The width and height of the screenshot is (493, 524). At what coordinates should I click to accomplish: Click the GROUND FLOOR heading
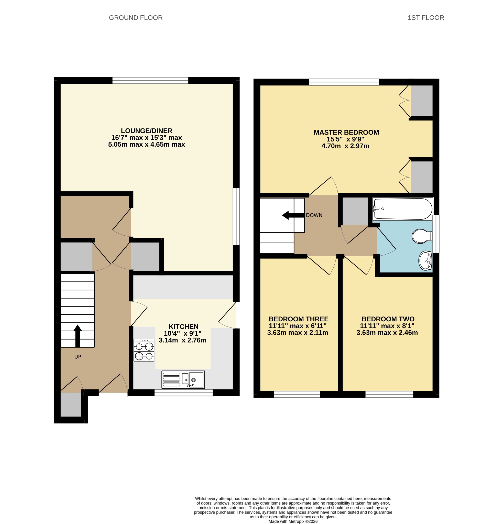136,18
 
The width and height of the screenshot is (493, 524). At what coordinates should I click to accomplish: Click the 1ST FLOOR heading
426,18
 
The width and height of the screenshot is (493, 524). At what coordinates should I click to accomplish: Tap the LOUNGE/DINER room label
147,131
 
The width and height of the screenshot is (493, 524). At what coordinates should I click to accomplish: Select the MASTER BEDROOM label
346,132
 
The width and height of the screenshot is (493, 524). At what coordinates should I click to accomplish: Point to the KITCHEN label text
183,326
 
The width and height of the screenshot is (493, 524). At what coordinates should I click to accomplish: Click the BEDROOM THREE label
299,319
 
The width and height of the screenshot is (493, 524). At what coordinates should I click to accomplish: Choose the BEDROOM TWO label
388,319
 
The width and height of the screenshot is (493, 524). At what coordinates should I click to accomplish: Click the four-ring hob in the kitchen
144,350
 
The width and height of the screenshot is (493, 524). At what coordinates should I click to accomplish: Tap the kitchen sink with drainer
183,379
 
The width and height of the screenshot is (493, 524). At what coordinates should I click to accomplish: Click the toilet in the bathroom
422,236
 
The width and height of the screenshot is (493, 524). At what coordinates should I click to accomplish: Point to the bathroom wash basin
425,261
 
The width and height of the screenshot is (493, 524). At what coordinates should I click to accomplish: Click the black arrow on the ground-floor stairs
78,336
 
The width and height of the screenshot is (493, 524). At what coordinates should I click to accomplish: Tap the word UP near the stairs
78,357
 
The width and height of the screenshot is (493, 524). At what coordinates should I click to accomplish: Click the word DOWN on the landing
314,215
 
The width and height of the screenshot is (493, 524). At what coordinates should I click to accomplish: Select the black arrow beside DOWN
293,215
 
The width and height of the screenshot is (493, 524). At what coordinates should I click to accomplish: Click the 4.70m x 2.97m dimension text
345,146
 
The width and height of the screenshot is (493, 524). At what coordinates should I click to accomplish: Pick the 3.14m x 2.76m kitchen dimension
183,340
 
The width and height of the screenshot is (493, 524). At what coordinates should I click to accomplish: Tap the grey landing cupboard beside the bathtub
355,211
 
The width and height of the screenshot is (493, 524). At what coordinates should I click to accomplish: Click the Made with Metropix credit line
293,521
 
